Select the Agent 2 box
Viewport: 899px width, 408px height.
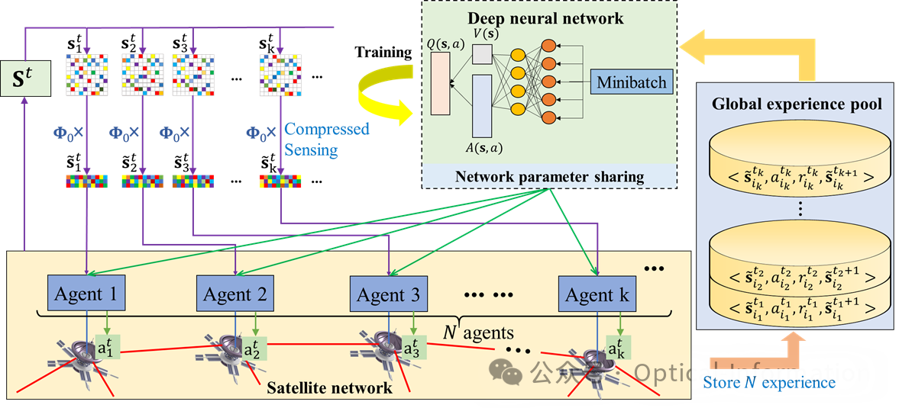[x=235, y=294]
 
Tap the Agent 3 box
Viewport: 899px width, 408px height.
[x=389, y=294]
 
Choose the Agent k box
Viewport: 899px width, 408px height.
[x=597, y=294]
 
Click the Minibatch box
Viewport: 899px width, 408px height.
[x=632, y=82]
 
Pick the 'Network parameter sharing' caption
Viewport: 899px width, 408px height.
[x=549, y=177]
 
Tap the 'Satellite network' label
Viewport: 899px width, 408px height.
[x=329, y=387]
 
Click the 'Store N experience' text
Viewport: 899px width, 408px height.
[x=768, y=382]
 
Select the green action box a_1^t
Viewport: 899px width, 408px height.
[x=107, y=349]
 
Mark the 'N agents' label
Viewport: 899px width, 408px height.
[x=478, y=333]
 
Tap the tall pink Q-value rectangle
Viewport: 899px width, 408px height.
[x=441, y=85]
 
